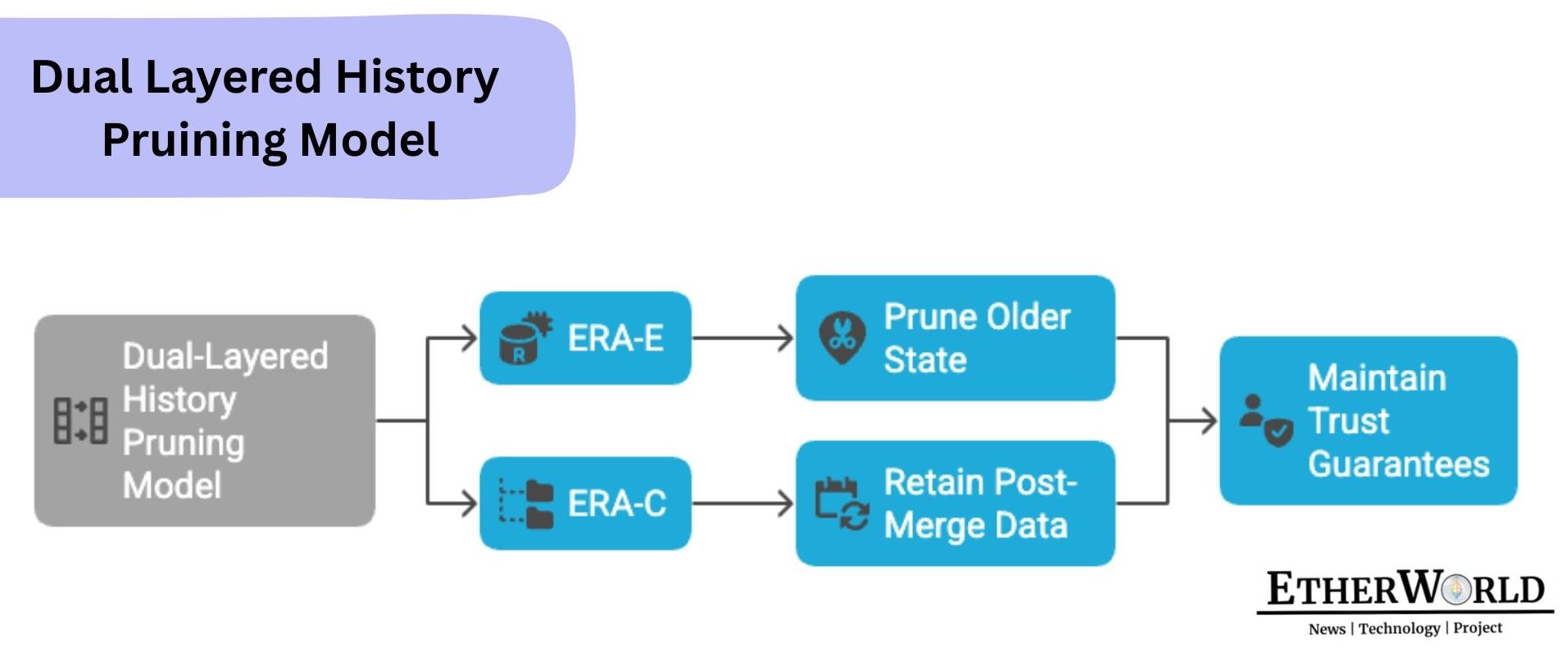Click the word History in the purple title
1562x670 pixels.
pos(416,78)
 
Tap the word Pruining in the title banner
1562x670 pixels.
pos(194,139)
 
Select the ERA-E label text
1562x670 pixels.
pos(615,338)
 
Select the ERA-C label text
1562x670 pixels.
pos(617,504)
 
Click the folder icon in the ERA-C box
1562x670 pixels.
pos(528,504)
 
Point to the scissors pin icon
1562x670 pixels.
pos(842,337)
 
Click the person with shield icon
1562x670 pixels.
pos(1265,421)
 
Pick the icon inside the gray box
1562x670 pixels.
pos(80,421)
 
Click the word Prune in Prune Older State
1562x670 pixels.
pos(929,317)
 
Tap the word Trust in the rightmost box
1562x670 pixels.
pos(1348,421)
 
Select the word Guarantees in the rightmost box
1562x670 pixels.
pos(1398,464)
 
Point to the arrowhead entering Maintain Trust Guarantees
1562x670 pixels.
pos(1207,421)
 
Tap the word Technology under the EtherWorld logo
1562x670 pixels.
pos(1399,628)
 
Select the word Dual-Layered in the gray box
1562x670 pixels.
pos(225,357)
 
